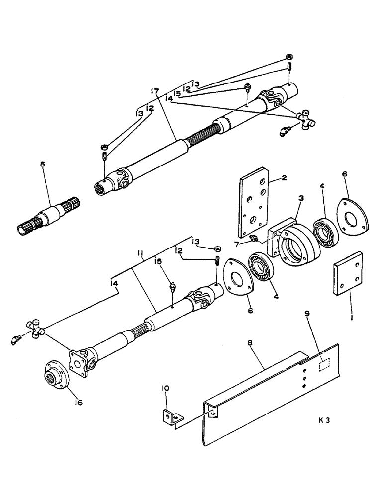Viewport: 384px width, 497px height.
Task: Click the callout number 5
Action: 43,164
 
